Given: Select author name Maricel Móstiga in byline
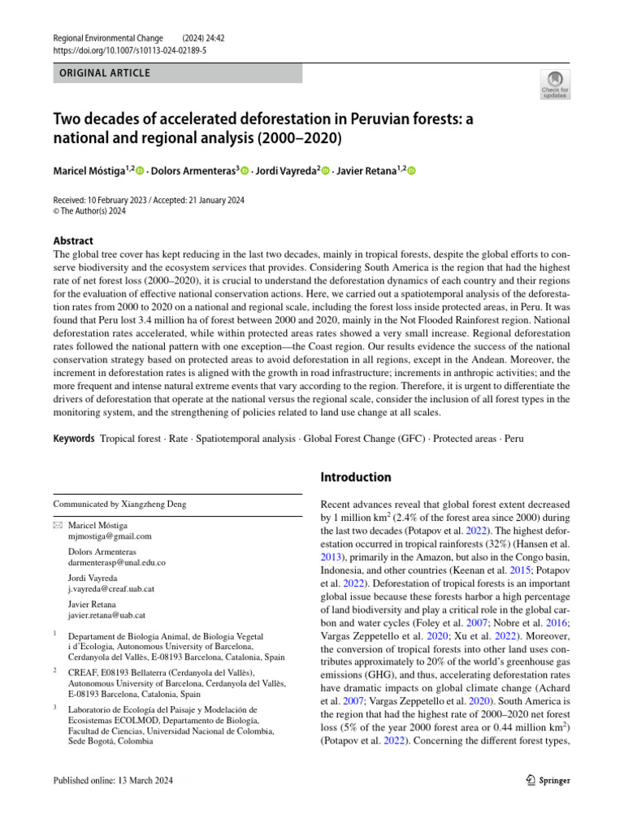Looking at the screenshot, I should (89, 171).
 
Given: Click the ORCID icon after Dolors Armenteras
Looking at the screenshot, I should (244, 171).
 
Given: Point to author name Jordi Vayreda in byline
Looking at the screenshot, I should (285, 171).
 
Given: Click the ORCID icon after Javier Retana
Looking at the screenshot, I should (410, 171).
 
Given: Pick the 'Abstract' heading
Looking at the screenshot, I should (73, 240).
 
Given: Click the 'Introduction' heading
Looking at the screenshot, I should (356, 477).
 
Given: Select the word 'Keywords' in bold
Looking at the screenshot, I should (74, 439).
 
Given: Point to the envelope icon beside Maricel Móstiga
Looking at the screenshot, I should (58, 526).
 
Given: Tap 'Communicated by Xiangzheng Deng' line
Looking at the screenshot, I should (119, 504).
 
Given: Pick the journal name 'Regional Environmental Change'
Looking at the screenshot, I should (108, 38).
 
